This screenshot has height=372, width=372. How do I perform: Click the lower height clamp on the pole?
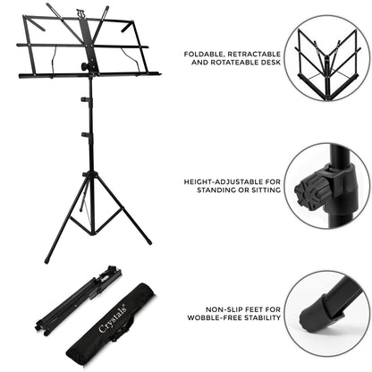tap(88, 136)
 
